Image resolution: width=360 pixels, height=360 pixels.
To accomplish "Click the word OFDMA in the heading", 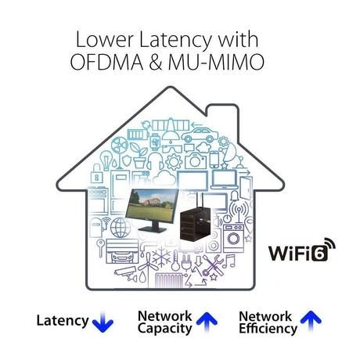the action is click(x=106, y=62).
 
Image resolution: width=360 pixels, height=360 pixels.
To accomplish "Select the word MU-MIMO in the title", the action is click(x=217, y=62).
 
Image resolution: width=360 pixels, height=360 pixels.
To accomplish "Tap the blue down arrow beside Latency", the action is click(x=103, y=322).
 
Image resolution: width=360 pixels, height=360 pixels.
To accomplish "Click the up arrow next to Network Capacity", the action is click(x=207, y=321).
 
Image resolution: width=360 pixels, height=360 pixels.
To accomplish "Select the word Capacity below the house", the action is click(x=164, y=329).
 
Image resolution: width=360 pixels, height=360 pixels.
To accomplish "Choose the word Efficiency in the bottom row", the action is click(x=268, y=329).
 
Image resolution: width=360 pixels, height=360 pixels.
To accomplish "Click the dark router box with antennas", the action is click(x=197, y=221).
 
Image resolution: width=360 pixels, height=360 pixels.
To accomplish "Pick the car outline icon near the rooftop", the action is click(x=200, y=135).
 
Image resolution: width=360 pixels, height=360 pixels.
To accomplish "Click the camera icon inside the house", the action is click(x=196, y=160).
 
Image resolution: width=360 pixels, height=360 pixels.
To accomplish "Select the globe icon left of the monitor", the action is click(x=121, y=228).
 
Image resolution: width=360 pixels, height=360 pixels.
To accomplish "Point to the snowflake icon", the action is click(x=161, y=257).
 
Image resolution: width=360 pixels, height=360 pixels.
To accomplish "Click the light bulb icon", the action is click(x=106, y=160).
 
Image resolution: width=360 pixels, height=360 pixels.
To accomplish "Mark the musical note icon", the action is click(x=230, y=261).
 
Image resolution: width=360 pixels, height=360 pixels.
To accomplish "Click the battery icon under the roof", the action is click(x=139, y=135).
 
